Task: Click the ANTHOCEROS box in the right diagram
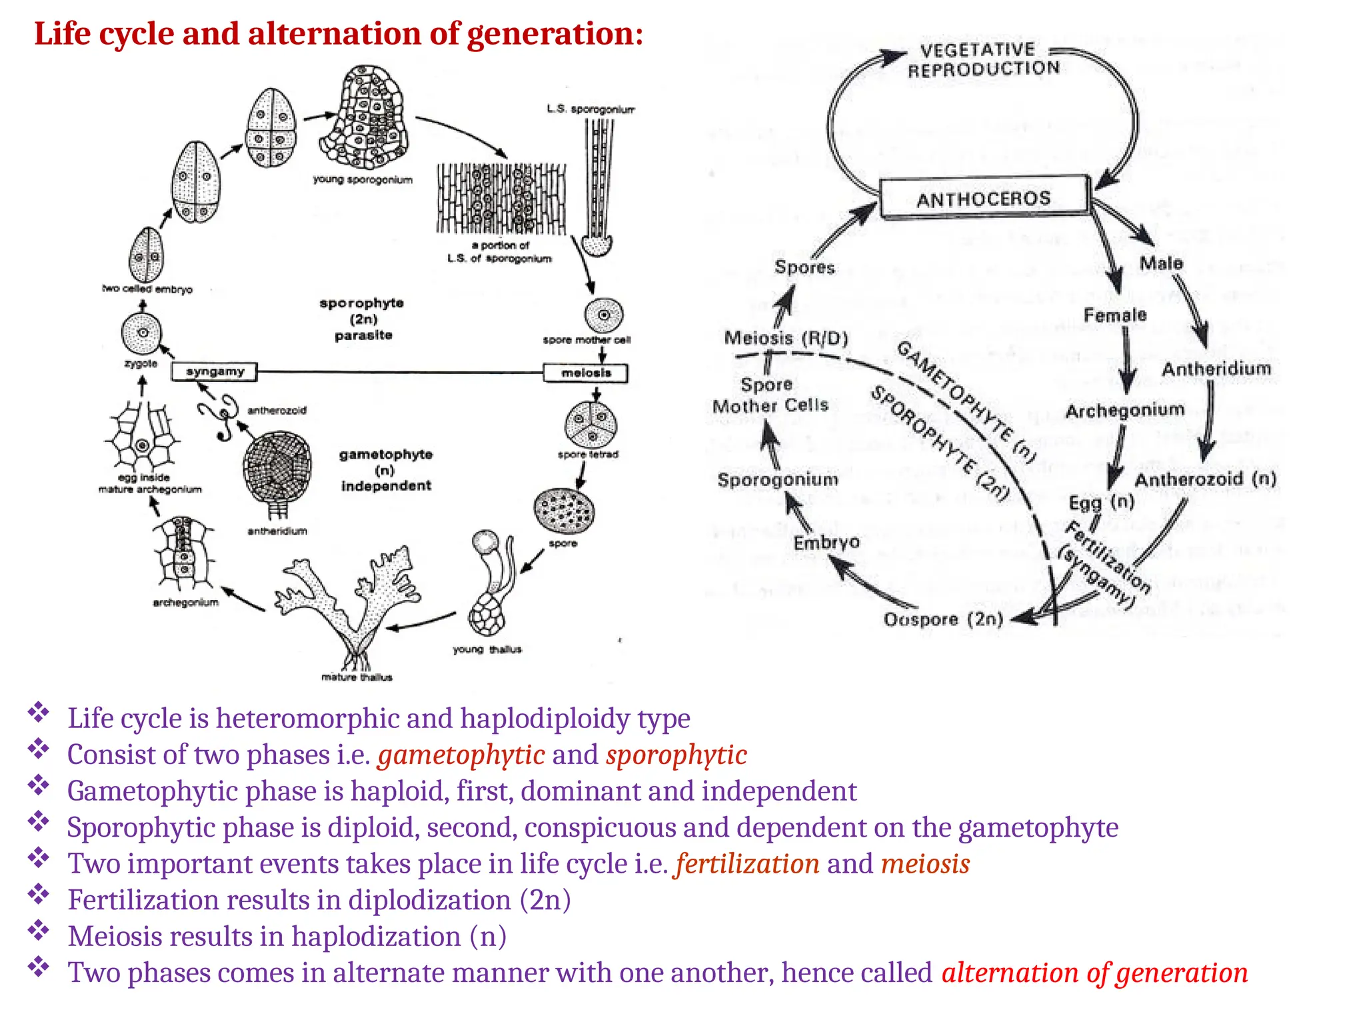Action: click(984, 198)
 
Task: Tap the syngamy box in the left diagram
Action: click(214, 371)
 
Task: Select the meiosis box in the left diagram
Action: click(586, 373)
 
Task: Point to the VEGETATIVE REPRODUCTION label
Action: click(982, 59)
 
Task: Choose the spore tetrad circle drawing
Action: click(591, 424)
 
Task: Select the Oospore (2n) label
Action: click(943, 619)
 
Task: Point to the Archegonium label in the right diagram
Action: click(1125, 410)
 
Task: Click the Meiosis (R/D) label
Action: click(786, 338)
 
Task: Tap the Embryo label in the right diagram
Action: click(826, 543)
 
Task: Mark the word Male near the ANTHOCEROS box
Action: click(1161, 263)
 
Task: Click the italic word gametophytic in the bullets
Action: click(461, 755)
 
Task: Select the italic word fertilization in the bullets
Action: click(747, 864)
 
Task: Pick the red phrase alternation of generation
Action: click(1094, 973)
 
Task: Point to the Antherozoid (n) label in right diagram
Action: click(1205, 479)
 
